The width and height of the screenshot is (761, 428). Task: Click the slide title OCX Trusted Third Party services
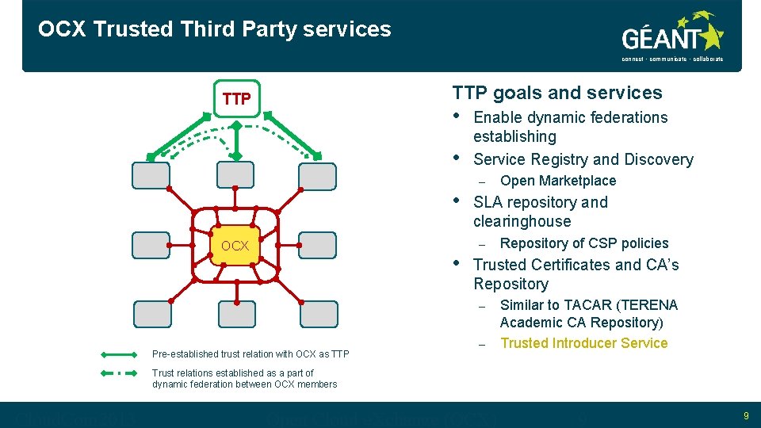click(214, 29)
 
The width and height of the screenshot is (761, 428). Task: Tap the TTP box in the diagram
click(236, 99)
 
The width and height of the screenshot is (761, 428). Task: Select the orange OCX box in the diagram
click(235, 246)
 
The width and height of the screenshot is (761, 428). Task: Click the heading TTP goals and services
click(556, 93)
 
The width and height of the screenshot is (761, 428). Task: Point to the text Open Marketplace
click(558, 181)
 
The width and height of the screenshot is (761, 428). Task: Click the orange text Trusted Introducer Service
click(584, 343)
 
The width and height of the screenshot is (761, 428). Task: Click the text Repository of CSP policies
click(584, 243)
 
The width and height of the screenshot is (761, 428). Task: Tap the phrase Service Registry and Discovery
click(583, 159)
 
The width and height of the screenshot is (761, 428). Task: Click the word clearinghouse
click(522, 221)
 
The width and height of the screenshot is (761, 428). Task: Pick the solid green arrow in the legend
click(120, 354)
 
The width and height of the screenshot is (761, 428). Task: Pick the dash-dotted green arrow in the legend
click(120, 373)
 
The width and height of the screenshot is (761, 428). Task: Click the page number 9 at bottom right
click(746, 415)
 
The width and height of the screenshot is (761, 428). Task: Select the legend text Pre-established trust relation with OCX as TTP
click(250, 354)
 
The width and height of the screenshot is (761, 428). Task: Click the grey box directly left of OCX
click(151, 246)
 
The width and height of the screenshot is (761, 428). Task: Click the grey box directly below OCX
click(237, 315)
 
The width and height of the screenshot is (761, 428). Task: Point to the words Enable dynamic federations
click(570, 117)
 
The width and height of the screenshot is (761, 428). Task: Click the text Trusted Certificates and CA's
click(576, 265)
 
